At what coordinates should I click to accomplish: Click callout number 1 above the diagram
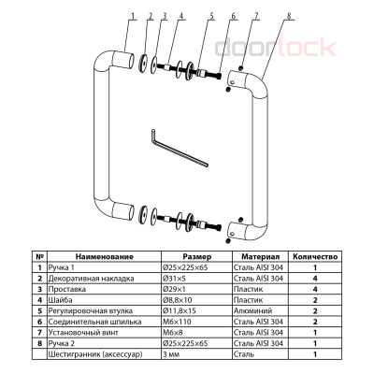point(133,15)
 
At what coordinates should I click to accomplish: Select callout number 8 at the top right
point(289,15)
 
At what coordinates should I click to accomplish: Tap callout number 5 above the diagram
point(211,15)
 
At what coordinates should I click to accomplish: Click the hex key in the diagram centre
point(179,148)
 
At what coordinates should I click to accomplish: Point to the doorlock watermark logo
point(276,47)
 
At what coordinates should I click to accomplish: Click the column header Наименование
point(105,257)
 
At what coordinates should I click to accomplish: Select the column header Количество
point(315,257)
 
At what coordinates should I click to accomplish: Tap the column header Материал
point(261,257)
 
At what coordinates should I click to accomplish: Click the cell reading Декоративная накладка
point(91,279)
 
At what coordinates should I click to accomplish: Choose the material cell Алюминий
point(252,310)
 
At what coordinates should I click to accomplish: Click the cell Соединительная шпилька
point(94,322)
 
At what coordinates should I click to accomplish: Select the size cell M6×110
point(177,322)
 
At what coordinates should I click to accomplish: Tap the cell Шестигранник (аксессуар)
point(95,354)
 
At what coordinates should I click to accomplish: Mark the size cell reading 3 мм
point(171,354)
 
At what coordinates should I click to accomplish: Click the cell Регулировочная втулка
point(91,310)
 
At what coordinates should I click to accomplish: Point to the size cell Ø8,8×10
point(178,300)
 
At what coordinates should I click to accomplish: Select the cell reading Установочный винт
point(83,333)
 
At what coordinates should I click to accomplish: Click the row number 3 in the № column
point(39,289)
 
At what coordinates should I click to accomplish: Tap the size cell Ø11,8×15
point(179,310)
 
